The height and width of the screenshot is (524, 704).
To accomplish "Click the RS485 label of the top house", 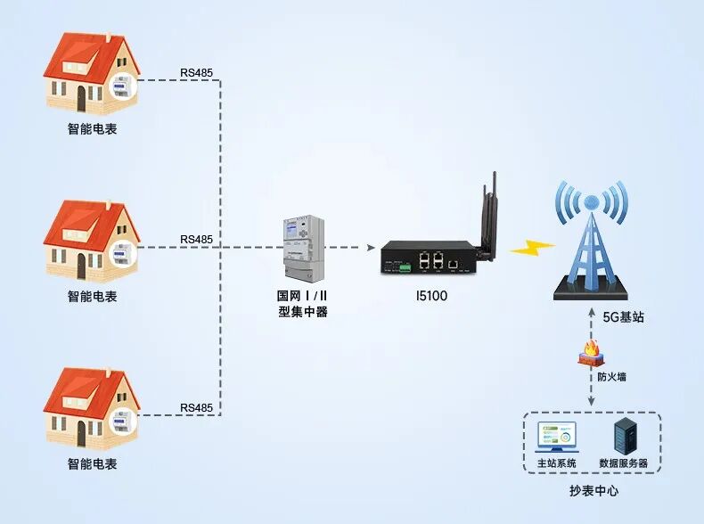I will coord(196,72).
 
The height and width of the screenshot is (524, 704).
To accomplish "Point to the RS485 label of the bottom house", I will coord(196,408).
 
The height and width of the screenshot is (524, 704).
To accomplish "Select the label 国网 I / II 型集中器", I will coord(303,303).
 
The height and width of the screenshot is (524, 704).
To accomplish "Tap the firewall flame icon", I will coord(591,353).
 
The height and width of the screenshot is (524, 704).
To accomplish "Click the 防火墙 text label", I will coord(611,377).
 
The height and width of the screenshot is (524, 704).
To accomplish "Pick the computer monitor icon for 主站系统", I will coord(557,437).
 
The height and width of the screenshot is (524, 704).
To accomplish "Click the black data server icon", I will coord(623,436).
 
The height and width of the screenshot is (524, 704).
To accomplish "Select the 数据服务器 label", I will coord(624,463).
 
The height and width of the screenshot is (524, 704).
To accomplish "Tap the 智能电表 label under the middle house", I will coord(92,297).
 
